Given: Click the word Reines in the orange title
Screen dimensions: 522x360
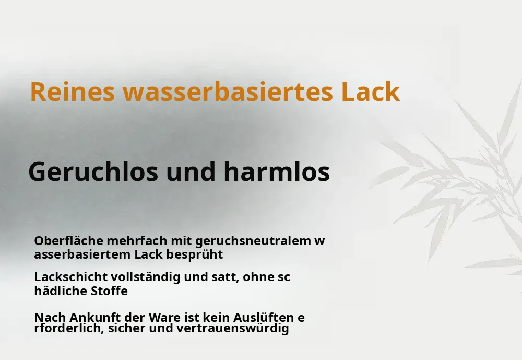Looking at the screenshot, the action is (x=72, y=91).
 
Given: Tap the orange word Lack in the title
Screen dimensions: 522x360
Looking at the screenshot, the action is (x=371, y=91).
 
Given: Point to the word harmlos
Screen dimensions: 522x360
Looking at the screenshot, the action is (x=277, y=172).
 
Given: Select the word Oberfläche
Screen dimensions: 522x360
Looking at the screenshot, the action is (x=68, y=240).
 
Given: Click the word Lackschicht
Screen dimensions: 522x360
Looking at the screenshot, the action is (x=71, y=277).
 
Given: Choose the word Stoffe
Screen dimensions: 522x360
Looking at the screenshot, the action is (x=110, y=291).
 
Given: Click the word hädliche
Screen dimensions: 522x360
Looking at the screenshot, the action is (x=61, y=291).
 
